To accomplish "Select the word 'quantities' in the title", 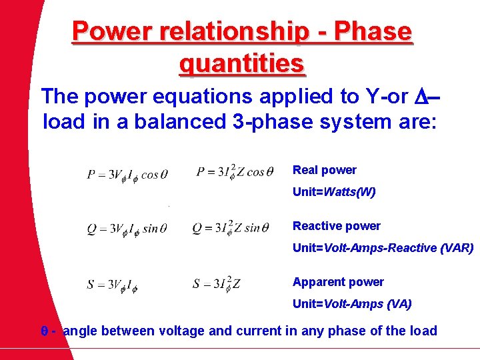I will click(x=242, y=64).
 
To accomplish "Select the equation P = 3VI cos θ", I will click(x=127, y=175).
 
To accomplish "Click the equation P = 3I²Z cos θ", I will click(x=235, y=173).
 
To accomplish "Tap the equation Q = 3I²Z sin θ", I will click(x=231, y=228).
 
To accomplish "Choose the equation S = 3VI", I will click(x=112, y=285).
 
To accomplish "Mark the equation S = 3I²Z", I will click(x=217, y=284).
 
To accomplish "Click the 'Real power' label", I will click(x=325, y=170).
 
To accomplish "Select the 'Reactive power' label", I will click(x=337, y=226).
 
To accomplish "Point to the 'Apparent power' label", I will click(x=338, y=282).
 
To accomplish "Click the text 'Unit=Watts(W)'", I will click(x=334, y=192).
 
